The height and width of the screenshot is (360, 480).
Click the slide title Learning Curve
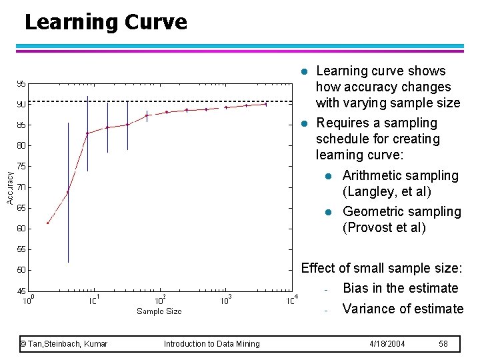point(105,22)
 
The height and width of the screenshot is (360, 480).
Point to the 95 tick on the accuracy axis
point(21,84)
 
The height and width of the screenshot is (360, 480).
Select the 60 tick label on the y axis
point(21,229)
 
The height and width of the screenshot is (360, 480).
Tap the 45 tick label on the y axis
point(21,291)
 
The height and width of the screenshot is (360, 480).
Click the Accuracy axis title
point(10,187)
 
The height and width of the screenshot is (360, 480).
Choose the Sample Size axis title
point(159,311)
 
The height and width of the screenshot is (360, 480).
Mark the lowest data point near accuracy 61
point(47,223)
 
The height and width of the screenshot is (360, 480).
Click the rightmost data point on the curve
point(266,104)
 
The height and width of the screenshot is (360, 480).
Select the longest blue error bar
point(68,193)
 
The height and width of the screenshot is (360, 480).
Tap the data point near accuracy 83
point(87,133)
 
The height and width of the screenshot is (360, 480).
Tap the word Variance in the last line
point(370,309)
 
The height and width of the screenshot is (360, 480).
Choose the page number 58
point(443,344)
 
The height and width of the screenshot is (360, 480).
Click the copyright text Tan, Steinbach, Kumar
point(64,344)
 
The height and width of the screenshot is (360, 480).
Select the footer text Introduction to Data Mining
point(212,344)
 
